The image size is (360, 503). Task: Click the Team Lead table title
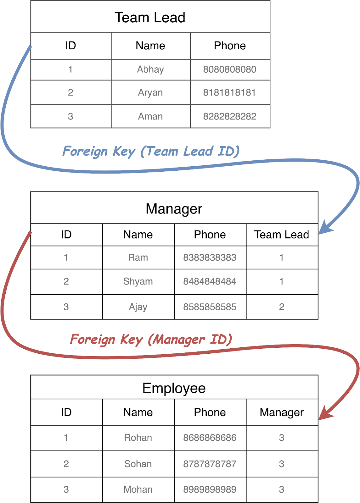(150, 18)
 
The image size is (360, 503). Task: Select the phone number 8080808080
(230, 69)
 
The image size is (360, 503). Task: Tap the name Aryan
(150, 93)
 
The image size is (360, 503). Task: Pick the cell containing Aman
(150, 117)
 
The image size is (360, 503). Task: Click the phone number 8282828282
(230, 117)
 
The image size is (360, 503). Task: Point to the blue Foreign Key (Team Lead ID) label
(151, 151)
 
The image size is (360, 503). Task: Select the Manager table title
(174, 209)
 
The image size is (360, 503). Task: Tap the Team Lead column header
(282, 235)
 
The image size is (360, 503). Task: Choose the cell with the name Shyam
(138, 281)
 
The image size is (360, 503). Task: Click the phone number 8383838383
(210, 257)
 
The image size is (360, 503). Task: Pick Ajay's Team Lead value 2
(282, 307)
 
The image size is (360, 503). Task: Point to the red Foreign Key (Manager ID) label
(151, 340)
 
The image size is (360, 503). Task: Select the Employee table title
(174, 388)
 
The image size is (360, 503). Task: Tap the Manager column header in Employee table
(282, 412)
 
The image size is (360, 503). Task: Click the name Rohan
(138, 438)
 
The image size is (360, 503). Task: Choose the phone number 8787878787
(210, 464)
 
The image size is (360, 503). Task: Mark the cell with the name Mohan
(138, 489)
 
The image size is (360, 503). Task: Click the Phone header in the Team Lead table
(230, 46)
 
